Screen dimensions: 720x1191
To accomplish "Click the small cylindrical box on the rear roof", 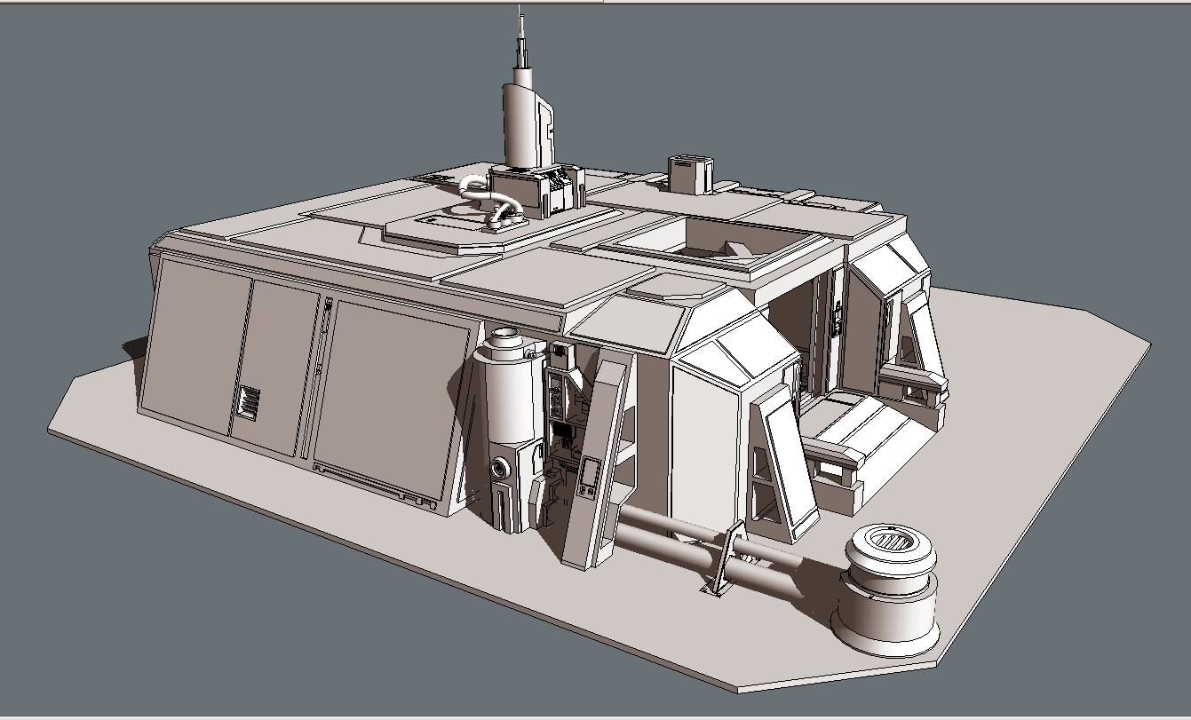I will [690, 174].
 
